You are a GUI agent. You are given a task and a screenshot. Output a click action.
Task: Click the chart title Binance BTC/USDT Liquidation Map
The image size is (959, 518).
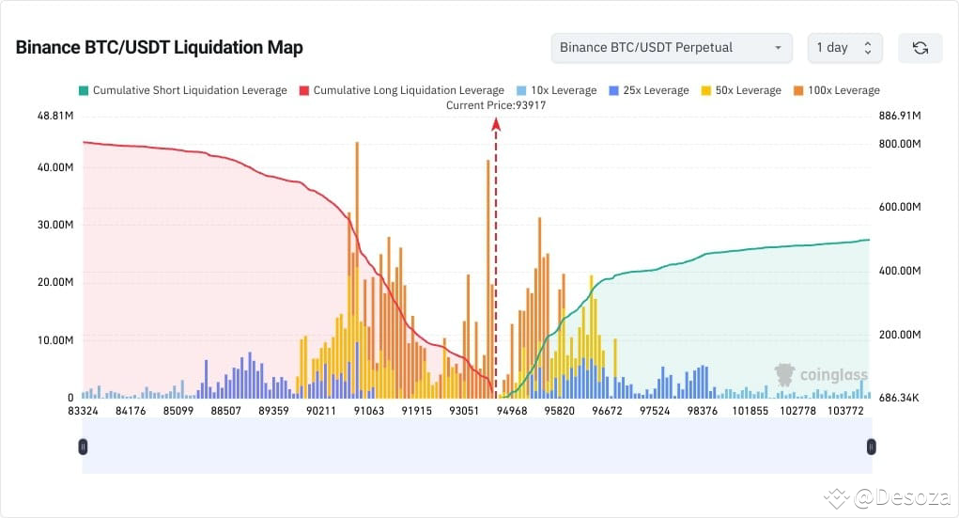159,48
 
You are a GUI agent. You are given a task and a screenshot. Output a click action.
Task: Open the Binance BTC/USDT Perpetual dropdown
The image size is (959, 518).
672,48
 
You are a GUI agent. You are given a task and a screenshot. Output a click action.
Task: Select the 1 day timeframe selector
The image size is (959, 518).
844,48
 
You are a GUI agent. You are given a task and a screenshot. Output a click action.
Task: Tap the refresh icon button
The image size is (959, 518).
920,48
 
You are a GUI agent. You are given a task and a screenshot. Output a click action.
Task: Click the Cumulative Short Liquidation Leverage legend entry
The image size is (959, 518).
182,90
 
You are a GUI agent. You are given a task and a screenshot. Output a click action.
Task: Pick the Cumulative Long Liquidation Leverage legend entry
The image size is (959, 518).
401,90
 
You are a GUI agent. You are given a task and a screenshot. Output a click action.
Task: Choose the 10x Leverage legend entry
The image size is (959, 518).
556,90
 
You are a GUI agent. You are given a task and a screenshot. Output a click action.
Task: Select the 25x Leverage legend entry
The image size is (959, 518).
648,90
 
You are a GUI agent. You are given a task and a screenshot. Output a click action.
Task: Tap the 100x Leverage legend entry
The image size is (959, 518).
836,90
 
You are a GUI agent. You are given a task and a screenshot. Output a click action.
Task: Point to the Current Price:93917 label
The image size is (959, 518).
496,105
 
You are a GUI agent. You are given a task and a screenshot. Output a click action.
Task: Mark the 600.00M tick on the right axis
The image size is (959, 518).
900,208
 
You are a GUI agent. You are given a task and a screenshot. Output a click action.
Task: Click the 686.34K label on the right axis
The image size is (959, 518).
900,399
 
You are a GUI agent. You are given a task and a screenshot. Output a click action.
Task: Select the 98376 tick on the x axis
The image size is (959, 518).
703,412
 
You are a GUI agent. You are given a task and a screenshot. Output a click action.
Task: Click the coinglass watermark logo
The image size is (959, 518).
820,375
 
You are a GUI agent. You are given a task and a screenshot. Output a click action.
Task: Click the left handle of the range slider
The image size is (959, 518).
83,447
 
